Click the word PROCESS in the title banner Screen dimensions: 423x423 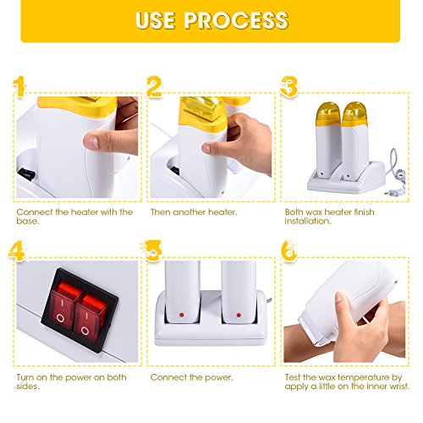(x=236, y=20)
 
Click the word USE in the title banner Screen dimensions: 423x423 (x=155, y=20)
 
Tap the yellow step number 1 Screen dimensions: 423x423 (x=19, y=86)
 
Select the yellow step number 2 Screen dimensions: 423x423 (x=154, y=86)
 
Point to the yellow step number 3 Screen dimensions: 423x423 (x=288, y=86)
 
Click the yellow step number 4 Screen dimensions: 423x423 (x=18, y=250)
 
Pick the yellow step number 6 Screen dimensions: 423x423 (x=289, y=251)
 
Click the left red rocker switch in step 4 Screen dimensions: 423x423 (x=63, y=305)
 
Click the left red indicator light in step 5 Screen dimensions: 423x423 (x=181, y=315)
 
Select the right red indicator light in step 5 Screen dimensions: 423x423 (x=239, y=315)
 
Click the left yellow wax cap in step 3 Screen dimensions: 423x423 (x=327, y=113)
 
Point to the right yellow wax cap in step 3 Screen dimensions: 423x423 (x=354, y=113)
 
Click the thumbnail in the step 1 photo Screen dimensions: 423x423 (x=91, y=141)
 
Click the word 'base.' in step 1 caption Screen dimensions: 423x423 (x=28, y=221)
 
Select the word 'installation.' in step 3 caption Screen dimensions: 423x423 (x=308, y=221)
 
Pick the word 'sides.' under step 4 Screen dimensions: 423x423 (x=28, y=386)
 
